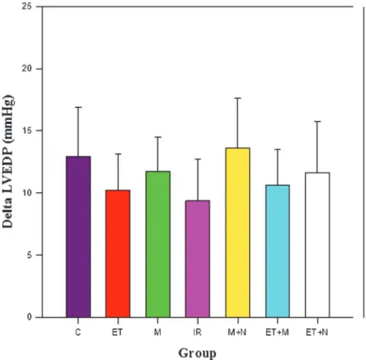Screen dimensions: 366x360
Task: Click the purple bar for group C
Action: point(78,237)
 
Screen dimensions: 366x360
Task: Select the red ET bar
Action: point(118,254)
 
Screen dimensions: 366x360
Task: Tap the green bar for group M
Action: point(158,244)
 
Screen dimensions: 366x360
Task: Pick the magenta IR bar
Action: point(197,259)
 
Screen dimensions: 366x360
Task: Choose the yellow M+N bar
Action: point(238,233)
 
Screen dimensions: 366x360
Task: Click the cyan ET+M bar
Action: point(278,251)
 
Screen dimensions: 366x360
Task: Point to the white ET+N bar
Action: point(317,245)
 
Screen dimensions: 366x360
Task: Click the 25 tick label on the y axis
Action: point(27,6)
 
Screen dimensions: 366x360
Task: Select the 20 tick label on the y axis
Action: point(27,69)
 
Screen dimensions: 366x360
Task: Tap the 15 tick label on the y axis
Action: point(27,131)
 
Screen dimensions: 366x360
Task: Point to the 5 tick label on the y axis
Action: point(29,255)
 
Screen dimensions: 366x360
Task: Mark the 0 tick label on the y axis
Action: point(29,317)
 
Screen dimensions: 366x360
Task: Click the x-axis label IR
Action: point(197,332)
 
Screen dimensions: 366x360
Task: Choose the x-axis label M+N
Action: point(237,332)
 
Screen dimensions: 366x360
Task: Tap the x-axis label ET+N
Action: point(317,332)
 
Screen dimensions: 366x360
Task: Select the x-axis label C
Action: point(78,332)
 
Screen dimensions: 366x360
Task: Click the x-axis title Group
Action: point(197,353)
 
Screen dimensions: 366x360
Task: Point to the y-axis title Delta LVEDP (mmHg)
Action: point(8,161)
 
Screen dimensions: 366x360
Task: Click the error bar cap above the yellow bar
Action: point(238,98)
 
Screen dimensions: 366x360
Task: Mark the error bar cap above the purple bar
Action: point(78,107)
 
